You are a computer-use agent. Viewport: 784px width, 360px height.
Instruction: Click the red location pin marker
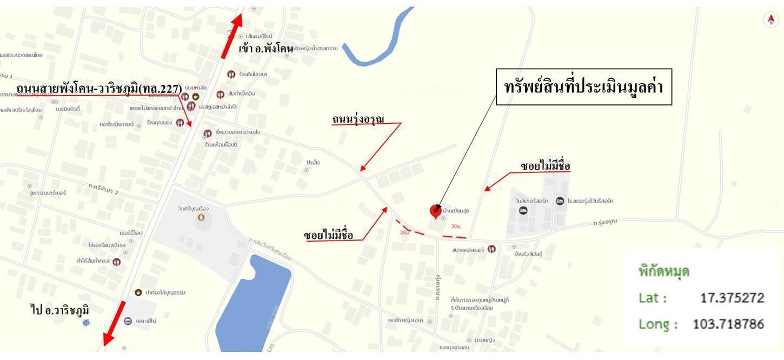click(435, 211)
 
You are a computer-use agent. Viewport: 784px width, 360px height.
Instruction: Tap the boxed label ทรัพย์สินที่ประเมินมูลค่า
click(584, 87)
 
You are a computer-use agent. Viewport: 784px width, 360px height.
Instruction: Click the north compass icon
click(770, 19)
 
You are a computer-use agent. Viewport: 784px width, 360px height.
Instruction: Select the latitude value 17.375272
click(732, 298)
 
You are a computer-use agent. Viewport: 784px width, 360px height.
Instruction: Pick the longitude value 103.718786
click(728, 324)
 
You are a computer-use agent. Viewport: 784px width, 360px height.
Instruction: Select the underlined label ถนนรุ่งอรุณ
click(358, 119)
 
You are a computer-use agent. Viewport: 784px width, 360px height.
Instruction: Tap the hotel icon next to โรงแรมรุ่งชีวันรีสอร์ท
click(560, 201)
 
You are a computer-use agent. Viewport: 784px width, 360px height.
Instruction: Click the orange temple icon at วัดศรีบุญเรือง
click(201, 217)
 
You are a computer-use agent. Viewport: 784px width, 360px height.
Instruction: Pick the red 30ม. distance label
click(456, 226)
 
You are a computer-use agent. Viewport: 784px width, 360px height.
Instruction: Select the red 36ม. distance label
click(404, 232)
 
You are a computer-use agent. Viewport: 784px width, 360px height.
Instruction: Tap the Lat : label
click(653, 298)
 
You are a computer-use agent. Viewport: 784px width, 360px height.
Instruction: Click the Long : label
click(658, 324)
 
